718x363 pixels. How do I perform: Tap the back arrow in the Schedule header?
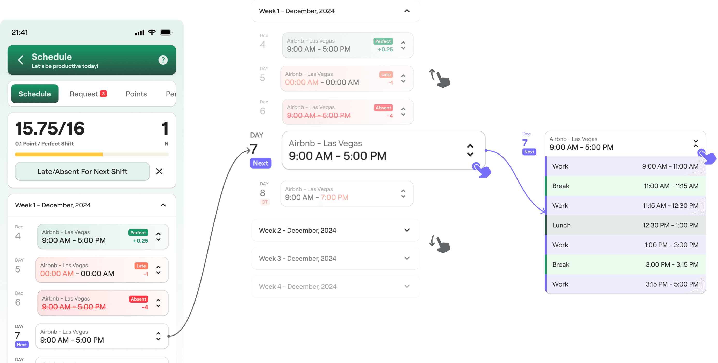click(x=21, y=60)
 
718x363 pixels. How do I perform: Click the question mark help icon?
click(x=163, y=60)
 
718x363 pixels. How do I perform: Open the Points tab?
click(x=136, y=94)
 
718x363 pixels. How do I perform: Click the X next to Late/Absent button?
click(x=159, y=171)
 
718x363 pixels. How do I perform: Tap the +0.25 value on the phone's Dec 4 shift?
click(x=140, y=241)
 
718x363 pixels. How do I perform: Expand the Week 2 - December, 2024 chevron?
click(x=407, y=230)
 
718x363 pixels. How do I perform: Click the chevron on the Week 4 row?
click(x=407, y=286)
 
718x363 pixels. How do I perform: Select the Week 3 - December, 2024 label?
click(x=297, y=258)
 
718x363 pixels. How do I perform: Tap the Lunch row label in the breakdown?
click(x=561, y=225)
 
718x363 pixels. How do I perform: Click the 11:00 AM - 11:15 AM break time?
click(x=671, y=186)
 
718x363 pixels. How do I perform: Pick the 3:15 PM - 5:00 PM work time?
click(x=672, y=284)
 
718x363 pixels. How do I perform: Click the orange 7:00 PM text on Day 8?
click(x=334, y=197)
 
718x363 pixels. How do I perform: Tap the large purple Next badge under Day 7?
click(x=261, y=163)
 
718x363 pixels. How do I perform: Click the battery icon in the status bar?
click(x=166, y=32)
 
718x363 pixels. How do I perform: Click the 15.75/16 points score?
click(x=50, y=129)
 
